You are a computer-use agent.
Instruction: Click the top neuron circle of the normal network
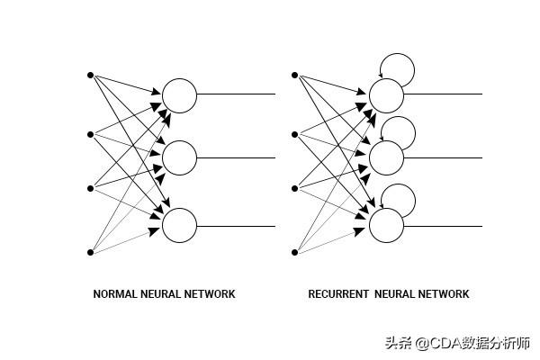pyautogui.click(x=179, y=95)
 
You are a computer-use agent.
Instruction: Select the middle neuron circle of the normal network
pyautogui.click(x=179, y=158)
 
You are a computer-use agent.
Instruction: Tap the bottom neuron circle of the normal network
pyautogui.click(x=179, y=225)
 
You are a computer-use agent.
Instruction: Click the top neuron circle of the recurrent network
pyautogui.click(x=386, y=95)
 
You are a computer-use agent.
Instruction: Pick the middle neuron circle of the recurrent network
pyautogui.click(x=386, y=158)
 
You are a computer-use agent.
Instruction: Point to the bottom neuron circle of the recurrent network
pyautogui.click(x=386, y=225)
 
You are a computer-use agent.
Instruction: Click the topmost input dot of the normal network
pyautogui.click(x=90, y=74)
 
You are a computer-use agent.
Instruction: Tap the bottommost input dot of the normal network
pyautogui.click(x=90, y=253)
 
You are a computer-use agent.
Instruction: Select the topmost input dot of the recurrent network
pyautogui.click(x=294, y=74)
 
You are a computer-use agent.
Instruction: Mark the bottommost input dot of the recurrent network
pyautogui.click(x=294, y=253)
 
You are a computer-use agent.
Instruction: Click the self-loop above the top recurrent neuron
pyautogui.click(x=398, y=66)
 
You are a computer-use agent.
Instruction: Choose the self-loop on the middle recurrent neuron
pyautogui.click(x=399, y=130)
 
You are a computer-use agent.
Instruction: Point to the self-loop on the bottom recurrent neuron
pyautogui.click(x=399, y=197)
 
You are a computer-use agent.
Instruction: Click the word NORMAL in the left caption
pyautogui.click(x=113, y=294)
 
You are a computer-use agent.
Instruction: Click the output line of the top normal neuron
pyautogui.click(x=236, y=94)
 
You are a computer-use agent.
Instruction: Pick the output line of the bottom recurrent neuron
pyautogui.click(x=443, y=226)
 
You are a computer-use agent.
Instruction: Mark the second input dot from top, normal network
pyautogui.click(x=90, y=134)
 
